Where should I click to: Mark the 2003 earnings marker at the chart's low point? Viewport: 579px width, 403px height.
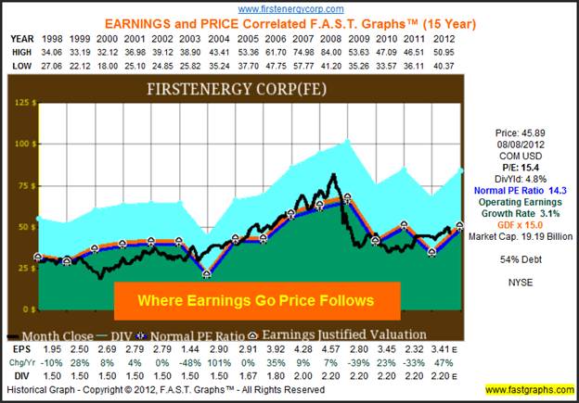206,274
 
